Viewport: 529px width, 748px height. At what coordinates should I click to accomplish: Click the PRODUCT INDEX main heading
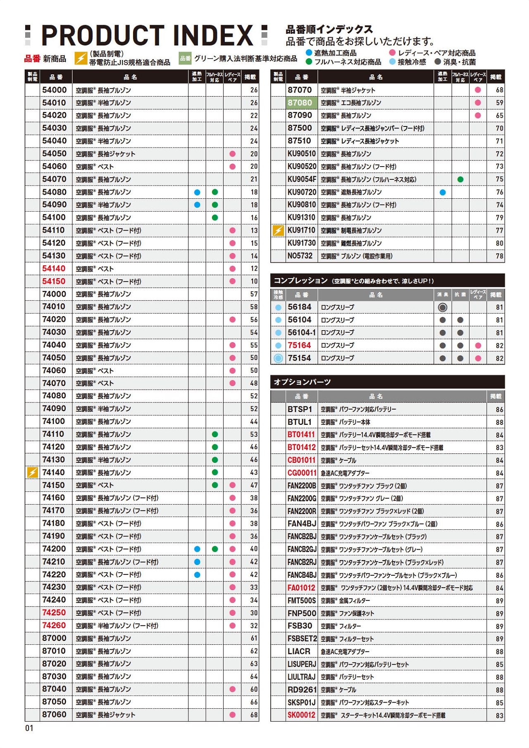tap(147, 36)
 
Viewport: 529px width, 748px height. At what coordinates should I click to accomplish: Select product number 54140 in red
tap(54, 269)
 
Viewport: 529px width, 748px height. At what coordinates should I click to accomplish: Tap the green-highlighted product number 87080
tap(300, 102)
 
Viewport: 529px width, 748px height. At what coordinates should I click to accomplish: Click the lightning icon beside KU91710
tap(278, 231)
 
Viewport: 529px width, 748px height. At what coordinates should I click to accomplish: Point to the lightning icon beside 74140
tap(32, 472)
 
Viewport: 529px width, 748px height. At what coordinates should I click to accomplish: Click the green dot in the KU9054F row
tap(460, 179)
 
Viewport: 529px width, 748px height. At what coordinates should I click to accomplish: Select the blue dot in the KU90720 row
tap(443, 192)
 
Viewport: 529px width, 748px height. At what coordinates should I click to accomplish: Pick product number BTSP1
tap(300, 409)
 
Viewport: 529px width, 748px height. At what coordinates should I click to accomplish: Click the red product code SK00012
tap(301, 715)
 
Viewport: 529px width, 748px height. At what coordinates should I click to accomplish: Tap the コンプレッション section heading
tap(301, 281)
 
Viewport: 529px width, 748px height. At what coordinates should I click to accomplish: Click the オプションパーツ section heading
tap(303, 382)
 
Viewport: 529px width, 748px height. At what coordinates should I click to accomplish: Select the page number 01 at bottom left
tap(29, 728)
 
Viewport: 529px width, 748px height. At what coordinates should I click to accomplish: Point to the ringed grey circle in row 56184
tap(443, 307)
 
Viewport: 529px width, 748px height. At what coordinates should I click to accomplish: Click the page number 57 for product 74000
tap(254, 294)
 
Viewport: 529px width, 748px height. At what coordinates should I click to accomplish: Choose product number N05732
tap(300, 256)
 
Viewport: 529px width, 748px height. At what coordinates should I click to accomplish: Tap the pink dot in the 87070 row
tap(478, 90)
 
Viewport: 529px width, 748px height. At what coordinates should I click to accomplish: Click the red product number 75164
tap(299, 345)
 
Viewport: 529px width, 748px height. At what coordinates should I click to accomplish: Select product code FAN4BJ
tap(302, 524)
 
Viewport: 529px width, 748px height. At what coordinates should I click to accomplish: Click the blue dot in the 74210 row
tap(197, 562)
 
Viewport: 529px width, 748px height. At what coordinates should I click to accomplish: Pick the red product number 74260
tap(54, 625)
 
